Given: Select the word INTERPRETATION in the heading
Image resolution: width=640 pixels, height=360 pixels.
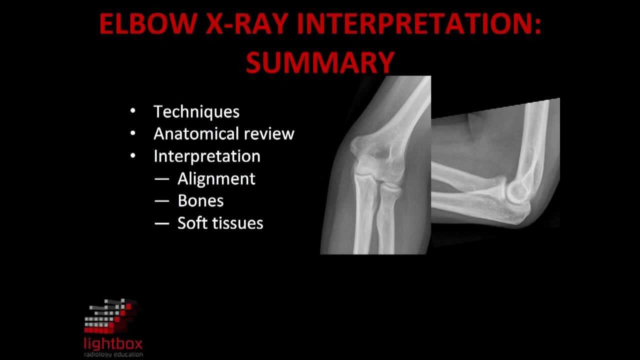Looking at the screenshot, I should pyautogui.click(x=419, y=24).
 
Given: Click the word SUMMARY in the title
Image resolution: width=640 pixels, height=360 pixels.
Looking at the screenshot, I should pyautogui.click(x=320, y=62).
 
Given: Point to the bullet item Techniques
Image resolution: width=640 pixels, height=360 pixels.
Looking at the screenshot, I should pyautogui.click(x=196, y=111).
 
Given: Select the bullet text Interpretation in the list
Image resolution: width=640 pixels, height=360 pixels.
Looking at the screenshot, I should pyautogui.click(x=206, y=156).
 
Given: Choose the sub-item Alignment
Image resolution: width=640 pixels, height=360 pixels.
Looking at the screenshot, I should pyautogui.click(x=216, y=178).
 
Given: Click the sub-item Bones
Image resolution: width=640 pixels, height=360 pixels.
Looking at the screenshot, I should pyautogui.click(x=200, y=200).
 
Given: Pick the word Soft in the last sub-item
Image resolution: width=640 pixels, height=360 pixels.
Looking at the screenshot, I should pyautogui.click(x=193, y=222).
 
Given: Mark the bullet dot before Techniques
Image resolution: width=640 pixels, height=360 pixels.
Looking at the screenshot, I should pyautogui.click(x=132, y=111).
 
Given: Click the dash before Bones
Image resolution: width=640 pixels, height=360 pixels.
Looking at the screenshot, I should pyautogui.click(x=162, y=201).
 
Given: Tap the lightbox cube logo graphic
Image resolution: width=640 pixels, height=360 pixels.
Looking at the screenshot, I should pyautogui.click(x=111, y=316).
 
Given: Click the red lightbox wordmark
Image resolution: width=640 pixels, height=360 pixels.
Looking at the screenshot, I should pyautogui.click(x=113, y=344).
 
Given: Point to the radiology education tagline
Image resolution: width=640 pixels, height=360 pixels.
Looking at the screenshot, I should pyautogui.click(x=113, y=354).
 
